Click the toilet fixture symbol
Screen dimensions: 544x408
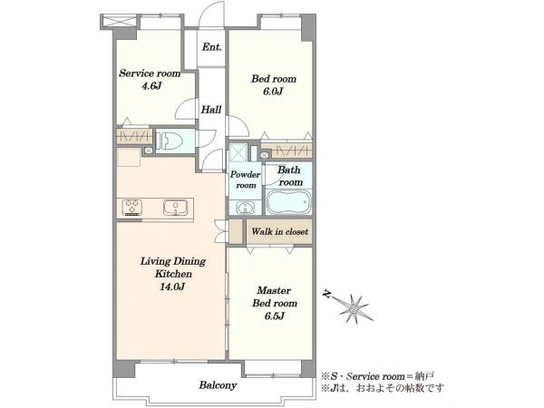pyautogui.click(x=170, y=141)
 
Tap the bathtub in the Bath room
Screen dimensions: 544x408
pyautogui.click(x=288, y=202)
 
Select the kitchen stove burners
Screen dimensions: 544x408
pyautogui.click(x=131, y=207)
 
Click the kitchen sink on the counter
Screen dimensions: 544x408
pyautogui.click(x=176, y=208)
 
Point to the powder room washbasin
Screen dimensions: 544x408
pyautogui.click(x=246, y=208)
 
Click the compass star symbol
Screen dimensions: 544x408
pyautogui.click(x=354, y=309)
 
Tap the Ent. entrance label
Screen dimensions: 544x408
pyautogui.click(x=211, y=47)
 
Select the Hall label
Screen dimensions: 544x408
pyautogui.click(x=211, y=110)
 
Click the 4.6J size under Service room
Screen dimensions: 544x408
pyautogui.click(x=151, y=86)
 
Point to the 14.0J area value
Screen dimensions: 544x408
pyautogui.click(x=172, y=287)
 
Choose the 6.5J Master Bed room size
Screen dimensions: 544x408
pyautogui.click(x=274, y=316)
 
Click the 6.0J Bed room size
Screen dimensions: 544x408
pyautogui.click(x=274, y=92)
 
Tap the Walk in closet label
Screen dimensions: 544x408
pyautogui.click(x=279, y=231)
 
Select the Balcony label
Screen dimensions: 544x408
pyautogui.click(x=218, y=385)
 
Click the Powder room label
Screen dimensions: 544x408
pyautogui.click(x=246, y=180)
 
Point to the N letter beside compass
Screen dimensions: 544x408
pyautogui.click(x=326, y=294)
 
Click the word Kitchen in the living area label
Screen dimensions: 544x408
pyautogui.click(x=173, y=274)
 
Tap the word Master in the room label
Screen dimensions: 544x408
pyautogui.click(x=274, y=290)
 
